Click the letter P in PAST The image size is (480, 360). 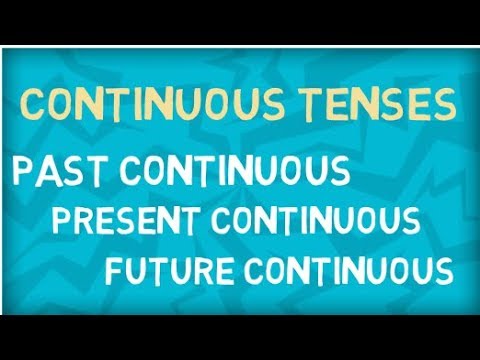20,171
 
